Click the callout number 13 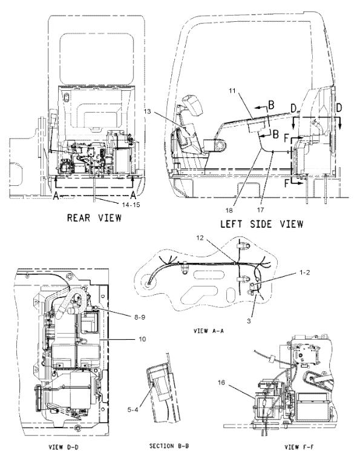(x=148, y=111)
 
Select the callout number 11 (x=232, y=91)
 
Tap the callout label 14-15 (x=131, y=205)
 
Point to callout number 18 (x=229, y=210)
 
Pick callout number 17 (x=261, y=210)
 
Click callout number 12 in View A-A (x=200, y=238)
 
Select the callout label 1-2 (x=305, y=272)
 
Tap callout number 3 (x=249, y=321)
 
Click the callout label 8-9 (x=140, y=317)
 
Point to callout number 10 (x=142, y=339)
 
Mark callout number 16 (x=221, y=382)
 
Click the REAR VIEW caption (x=94, y=218)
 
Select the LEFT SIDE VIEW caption (x=262, y=224)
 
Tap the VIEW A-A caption (x=209, y=331)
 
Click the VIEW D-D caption (x=63, y=447)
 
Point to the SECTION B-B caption (x=169, y=446)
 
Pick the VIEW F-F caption (x=299, y=447)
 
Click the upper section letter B (x=271, y=105)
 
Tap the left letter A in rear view (x=56, y=196)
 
